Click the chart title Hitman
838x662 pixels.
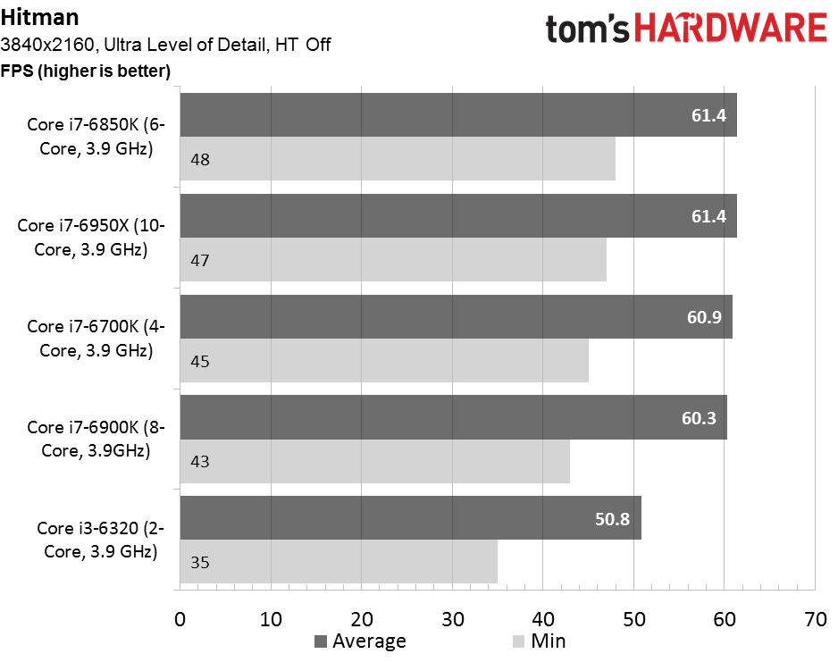click(39, 17)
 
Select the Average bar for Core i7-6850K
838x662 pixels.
click(458, 115)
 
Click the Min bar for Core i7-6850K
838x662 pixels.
click(397, 159)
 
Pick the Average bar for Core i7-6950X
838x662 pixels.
click(458, 216)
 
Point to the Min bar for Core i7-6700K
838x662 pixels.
click(384, 361)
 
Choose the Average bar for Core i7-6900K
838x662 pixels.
click(453, 417)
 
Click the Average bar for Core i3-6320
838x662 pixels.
click(410, 518)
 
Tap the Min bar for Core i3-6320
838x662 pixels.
click(339, 562)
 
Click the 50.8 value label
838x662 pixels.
click(613, 519)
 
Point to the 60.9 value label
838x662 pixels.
click(704, 317)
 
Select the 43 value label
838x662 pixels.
click(200, 462)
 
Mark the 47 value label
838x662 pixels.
click(200, 260)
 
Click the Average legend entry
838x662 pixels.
click(361, 641)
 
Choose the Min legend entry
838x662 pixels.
click(539, 641)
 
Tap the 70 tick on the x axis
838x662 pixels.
click(816, 619)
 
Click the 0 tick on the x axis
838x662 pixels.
click(180, 619)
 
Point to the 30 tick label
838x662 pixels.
click(453, 619)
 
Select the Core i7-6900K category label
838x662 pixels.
click(96, 439)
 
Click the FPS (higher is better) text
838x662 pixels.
click(86, 71)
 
